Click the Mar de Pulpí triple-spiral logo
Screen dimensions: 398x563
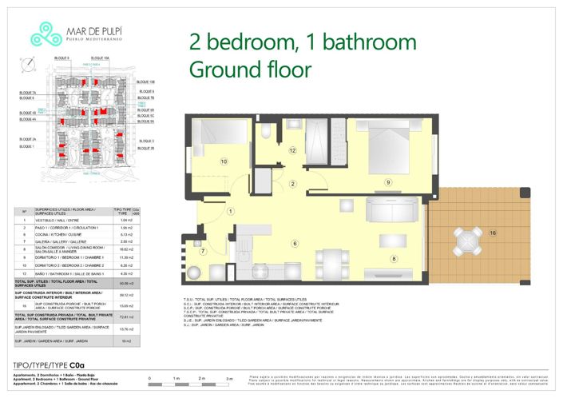pos(40,34)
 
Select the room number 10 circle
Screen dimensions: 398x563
pos(224,161)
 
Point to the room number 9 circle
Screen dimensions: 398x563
pos(388,182)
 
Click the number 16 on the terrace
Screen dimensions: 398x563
pos(493,233)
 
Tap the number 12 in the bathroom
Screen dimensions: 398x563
pos(293,149)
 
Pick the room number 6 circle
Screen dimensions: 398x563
pos(295,244)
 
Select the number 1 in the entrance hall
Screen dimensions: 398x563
pos(230,211)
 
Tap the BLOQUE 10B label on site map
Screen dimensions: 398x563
pos(145,82)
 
